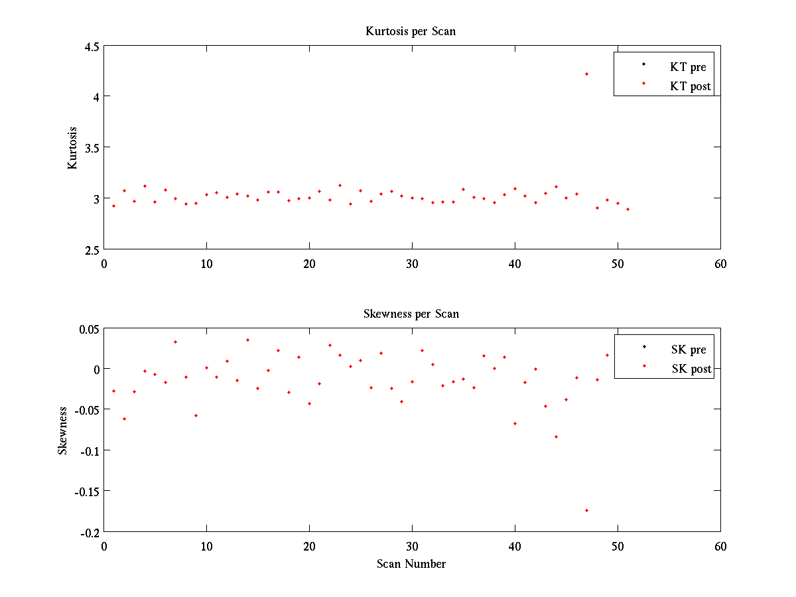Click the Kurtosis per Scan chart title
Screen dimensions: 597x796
411,31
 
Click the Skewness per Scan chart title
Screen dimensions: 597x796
411,314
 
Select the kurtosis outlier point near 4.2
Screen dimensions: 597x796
586,74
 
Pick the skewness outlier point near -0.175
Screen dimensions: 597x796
586,510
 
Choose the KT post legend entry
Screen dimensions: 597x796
690,86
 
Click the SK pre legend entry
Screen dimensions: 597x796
689,350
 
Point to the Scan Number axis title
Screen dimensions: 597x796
411,564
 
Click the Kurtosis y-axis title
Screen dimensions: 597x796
73,147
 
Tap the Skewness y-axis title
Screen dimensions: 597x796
63,431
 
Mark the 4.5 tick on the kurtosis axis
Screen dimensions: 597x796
92,46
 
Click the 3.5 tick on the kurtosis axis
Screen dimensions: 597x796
92,147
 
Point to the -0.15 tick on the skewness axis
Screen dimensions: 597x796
87,492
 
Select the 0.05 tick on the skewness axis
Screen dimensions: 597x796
89,328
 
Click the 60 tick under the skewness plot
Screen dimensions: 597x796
720,547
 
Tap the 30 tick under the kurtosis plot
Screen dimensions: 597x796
412,263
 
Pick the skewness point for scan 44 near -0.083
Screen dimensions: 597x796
556,436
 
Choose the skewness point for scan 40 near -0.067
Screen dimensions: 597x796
515,423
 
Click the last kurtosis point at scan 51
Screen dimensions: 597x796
628,209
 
